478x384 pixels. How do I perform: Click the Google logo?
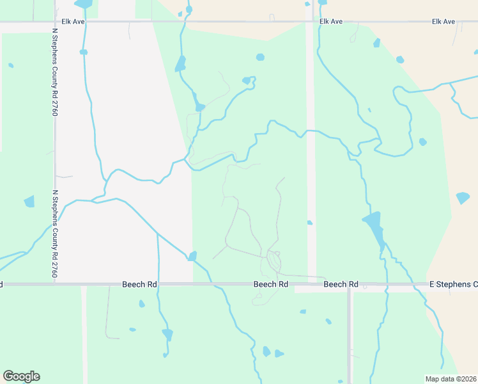(x=21, y=376)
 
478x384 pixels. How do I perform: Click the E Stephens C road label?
(x=453, y=284)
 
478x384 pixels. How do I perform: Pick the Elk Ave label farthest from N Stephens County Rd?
(x=443, y=22)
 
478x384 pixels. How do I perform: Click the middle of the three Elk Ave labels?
(x=331, y=22)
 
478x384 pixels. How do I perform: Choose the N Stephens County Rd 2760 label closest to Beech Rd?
(x=55, y=233)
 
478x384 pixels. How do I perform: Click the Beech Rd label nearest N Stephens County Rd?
(x=139, y=284)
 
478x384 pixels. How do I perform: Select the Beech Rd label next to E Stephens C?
(x=341, y=284)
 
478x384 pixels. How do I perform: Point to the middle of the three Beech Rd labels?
(x=270, y=284)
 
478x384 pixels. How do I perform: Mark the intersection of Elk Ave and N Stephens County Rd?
(x=55, y=22)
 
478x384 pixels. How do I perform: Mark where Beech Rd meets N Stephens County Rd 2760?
(x=55, y=284)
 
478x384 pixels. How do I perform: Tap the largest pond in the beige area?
(x=463, y=198)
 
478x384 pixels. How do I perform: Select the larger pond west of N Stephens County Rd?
(x=29, y=202)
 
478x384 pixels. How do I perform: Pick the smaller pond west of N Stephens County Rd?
(x=10, y=65)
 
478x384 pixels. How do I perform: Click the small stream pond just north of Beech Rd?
(x=192, y=257)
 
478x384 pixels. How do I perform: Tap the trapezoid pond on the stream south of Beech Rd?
(x=167, y=334)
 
